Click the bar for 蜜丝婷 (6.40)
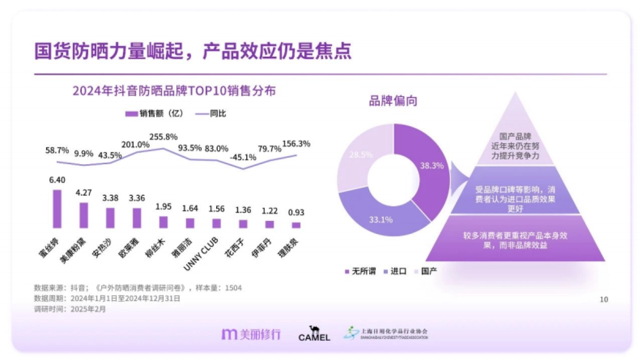coord(57,209)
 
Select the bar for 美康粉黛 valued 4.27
coord(83,215)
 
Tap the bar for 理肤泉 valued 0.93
coord(296,225)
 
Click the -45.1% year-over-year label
coord(243,158)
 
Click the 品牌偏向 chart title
coord(393,101)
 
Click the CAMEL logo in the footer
coord(314,334)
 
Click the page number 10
coord(603,299)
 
